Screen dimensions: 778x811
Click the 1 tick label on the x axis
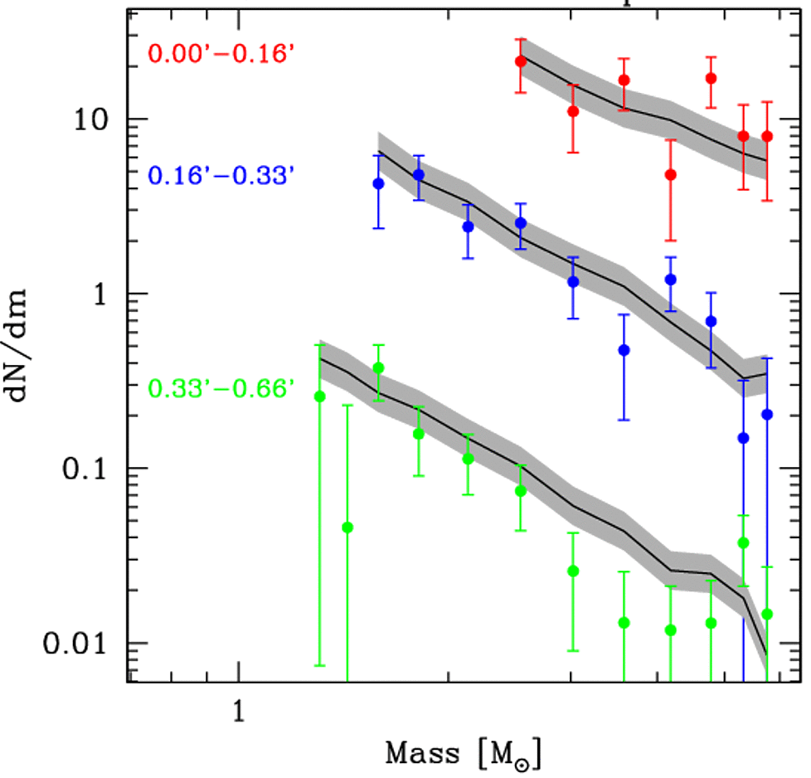coord(238,712)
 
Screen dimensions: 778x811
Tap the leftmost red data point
coord(521,61)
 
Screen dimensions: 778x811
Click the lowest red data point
coord(670,175)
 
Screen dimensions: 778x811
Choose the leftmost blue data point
coord(378,183)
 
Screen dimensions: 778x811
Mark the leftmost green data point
coord(320,396)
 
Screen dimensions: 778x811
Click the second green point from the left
coord(347,528)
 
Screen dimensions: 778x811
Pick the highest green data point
coord(378,367)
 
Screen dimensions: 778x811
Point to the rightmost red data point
coord(767,136)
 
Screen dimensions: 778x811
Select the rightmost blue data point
coord(767,414)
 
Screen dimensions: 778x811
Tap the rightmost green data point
coord(767,614)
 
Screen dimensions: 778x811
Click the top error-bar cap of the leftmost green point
coord(320,345)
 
